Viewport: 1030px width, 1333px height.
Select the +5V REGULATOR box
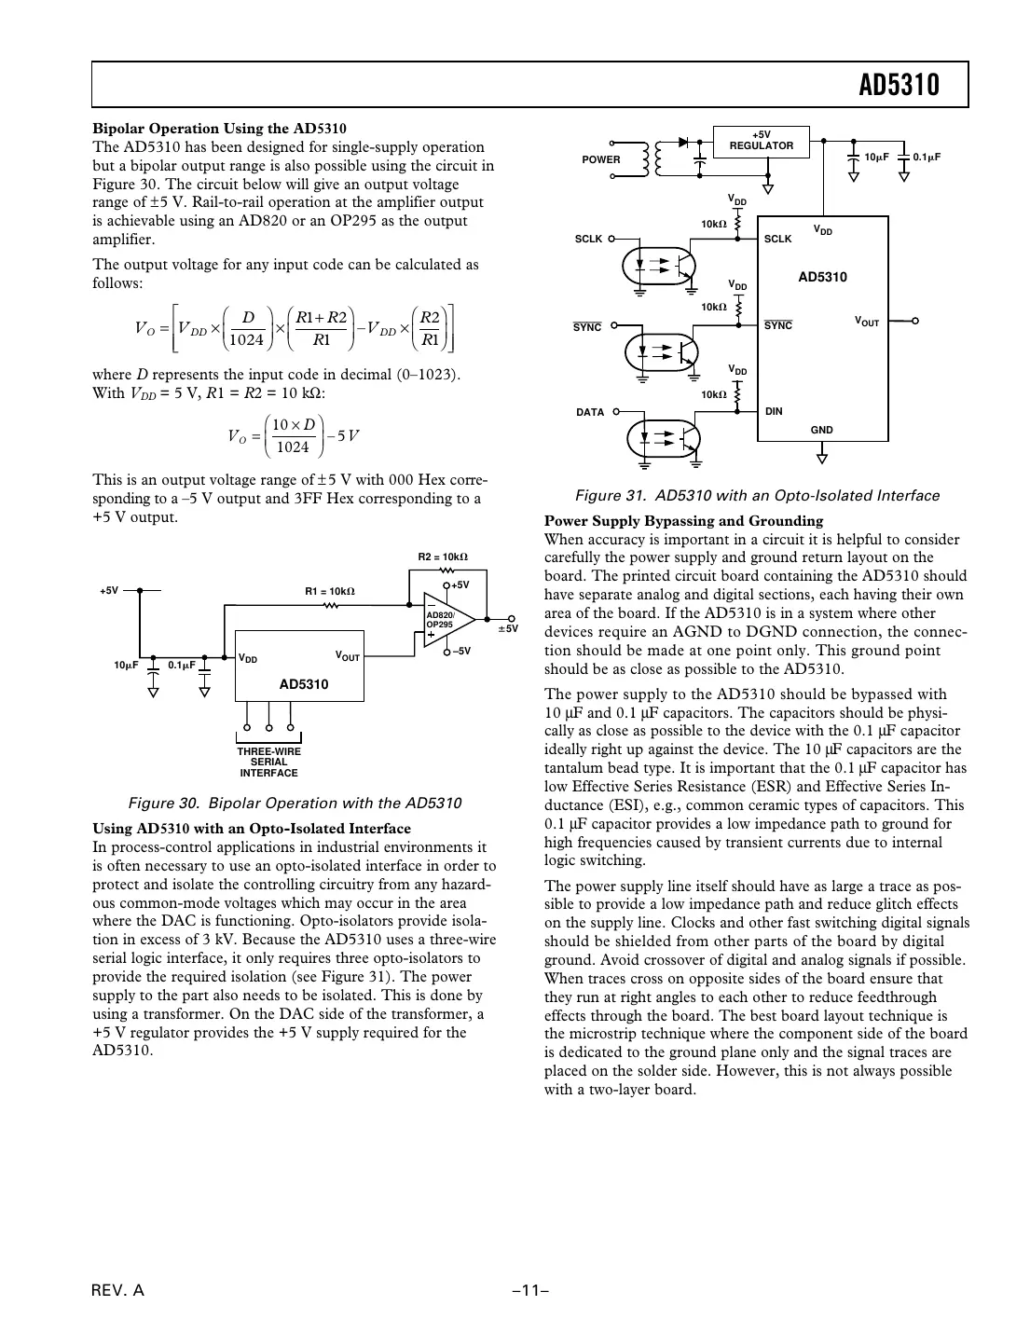(761, 141)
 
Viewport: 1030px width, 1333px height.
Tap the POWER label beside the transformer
(600, 159)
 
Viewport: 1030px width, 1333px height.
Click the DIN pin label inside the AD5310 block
(773, 411)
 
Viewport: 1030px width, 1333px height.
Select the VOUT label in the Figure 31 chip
(866, 322)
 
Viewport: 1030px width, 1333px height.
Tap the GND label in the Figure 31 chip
(821, 430)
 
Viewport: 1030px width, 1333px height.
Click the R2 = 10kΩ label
(442, 557)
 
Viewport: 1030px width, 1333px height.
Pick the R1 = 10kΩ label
(330, 591)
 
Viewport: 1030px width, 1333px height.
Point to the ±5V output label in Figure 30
(507, 629)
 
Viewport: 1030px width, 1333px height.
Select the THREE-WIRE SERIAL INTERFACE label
(268, 762)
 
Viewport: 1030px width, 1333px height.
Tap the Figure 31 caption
(757, 495)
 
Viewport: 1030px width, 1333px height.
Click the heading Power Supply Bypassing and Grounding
(683, 521)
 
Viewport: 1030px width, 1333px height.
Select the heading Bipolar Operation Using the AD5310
(219, 129)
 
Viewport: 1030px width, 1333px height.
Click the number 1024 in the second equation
(293, 447)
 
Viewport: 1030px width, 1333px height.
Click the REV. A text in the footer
(118, 1291)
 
